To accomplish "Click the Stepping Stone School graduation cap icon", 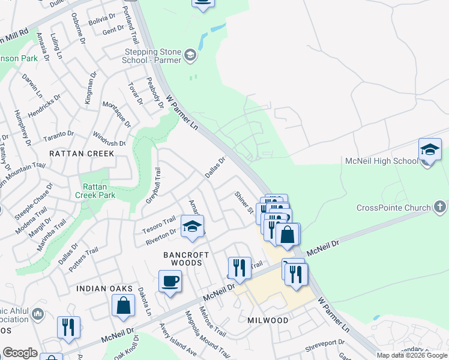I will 190,56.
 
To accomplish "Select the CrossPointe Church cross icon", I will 439,208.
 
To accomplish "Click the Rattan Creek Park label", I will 94,191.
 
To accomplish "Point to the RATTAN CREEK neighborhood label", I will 82,154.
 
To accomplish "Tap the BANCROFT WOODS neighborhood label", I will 187,259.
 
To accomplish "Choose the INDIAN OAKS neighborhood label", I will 104,289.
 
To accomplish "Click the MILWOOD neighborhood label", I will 268,320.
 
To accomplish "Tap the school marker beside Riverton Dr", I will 193,227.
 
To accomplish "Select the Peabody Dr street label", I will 155,92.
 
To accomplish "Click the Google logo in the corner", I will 20,353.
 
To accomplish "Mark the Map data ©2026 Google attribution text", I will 412,355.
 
